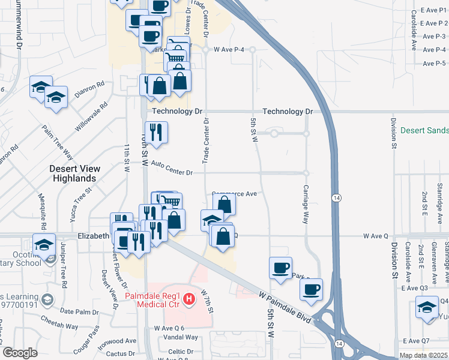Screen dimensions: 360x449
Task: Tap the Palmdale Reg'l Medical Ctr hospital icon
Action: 189,298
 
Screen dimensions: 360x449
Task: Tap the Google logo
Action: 20,353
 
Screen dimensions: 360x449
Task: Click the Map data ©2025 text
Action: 423,355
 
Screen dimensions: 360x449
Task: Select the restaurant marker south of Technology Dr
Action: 156,133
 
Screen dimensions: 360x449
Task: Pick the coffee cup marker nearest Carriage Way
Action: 311,289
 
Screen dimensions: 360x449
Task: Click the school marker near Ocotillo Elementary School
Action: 43,244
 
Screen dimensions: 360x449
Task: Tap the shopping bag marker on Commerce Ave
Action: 224,204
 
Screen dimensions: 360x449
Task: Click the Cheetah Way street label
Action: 64,326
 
